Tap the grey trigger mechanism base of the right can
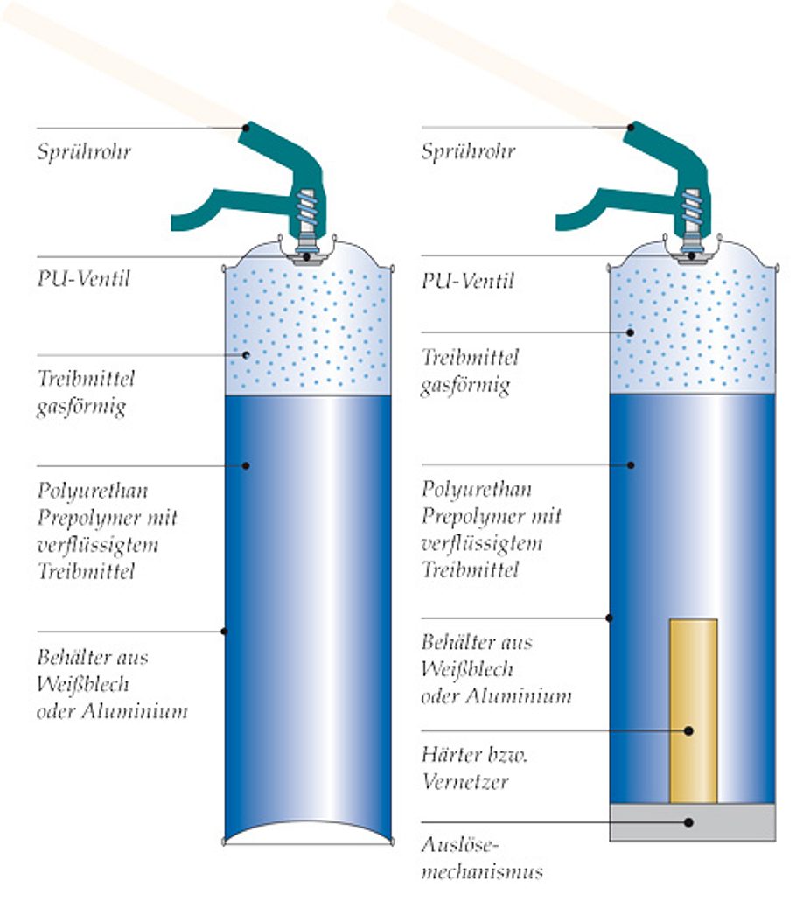692,822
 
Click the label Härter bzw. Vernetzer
464,768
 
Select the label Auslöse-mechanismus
481,858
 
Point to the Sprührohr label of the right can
468,151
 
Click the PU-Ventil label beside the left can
83,280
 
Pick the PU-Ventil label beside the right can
468,281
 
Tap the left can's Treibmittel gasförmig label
86,393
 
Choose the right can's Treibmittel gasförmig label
471,371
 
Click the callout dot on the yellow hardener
689,730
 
